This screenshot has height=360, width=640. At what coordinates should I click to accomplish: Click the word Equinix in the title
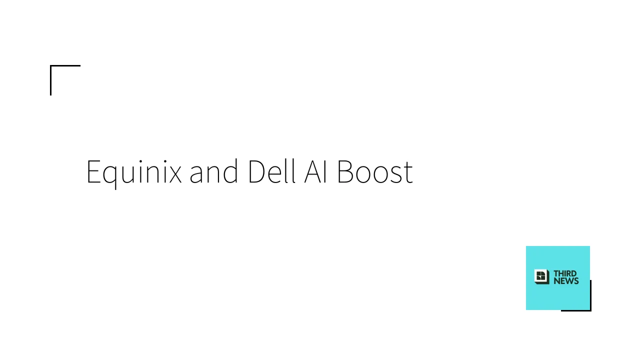[x=133, y=172]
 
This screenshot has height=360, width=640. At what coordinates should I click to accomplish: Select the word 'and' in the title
[x=213, y=172]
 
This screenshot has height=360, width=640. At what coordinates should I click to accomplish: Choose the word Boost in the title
[x=374, y=172]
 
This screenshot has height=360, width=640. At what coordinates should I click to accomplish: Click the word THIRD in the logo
[x=565, y=273]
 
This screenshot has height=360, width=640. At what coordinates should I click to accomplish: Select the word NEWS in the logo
[x=566, y=281]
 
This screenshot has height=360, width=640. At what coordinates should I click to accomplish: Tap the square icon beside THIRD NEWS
[x=541, y=277]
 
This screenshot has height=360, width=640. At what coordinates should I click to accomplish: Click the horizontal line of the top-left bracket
[x=65, y=65]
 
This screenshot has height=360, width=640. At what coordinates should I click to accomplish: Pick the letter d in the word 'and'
[x=231, y=172]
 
